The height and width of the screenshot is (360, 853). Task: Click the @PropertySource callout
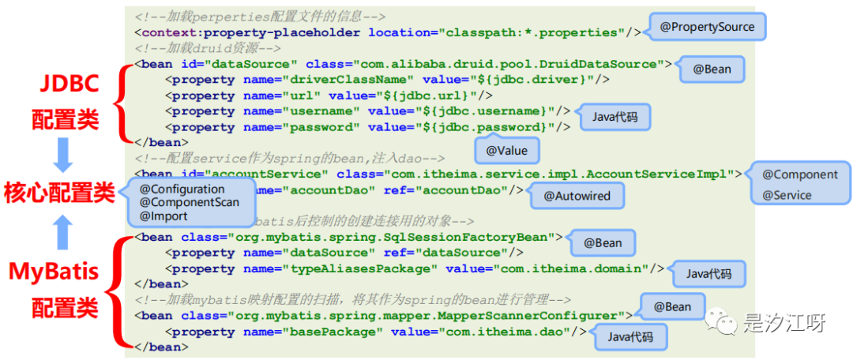click(x=707, y=27)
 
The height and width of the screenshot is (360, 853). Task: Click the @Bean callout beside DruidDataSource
click(x=712, y=69)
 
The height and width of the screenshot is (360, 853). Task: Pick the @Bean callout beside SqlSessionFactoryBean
click(x=603, y=242)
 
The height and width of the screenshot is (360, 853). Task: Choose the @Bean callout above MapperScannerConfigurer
click(x=672, y=306)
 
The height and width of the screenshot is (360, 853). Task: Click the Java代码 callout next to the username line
click(x=614, y=118)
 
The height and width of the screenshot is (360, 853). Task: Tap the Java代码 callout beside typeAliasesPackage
click(x=708, y=274)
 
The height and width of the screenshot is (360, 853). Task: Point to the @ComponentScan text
click(x=189, y=202)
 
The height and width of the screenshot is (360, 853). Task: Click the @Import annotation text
click(x=163, y=216)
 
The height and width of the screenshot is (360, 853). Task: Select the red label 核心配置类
click(x=59, y=193)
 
